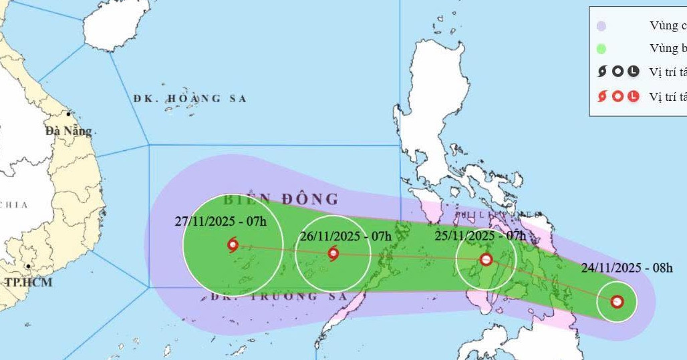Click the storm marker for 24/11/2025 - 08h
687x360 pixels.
click(617, 302)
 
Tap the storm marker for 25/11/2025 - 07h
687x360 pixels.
click(487, 260)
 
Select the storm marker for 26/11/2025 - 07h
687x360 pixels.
click(333, 253)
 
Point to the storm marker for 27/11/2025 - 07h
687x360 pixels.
click(233, 245)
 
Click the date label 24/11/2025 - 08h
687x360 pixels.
click(626, 268)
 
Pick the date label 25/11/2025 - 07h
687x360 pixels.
click(480, 235)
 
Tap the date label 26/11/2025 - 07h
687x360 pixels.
click(346, 235)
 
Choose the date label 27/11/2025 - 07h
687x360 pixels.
click(221, 222)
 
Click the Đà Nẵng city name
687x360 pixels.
click(68, 131)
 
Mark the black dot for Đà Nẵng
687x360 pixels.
click(68, 114)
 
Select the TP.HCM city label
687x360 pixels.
click(28, 282)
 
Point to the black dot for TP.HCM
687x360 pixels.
click(28, 266)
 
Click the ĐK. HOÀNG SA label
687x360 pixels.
click(190, 99)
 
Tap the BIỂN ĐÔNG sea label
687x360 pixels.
click(281, 199)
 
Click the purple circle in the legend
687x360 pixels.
click(601, 27)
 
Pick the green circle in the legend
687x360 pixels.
click(601, 49)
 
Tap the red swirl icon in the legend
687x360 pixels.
click(602, 96)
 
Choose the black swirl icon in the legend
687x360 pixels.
click(602, 71)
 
